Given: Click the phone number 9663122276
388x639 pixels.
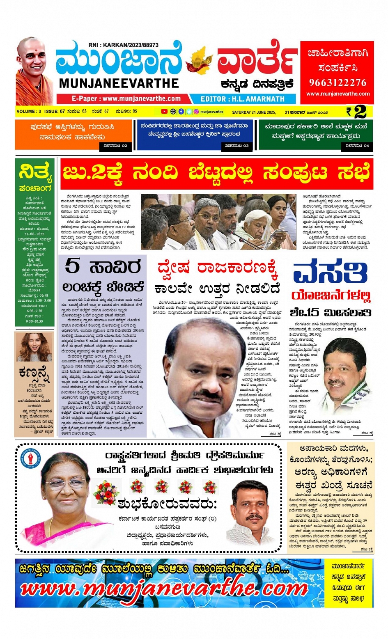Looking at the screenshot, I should coord(337,82).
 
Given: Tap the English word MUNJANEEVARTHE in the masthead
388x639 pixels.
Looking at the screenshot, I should coord(119,83).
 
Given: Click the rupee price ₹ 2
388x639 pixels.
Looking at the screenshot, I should coord(356,112).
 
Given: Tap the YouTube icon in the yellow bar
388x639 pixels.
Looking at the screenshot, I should coord(164,111).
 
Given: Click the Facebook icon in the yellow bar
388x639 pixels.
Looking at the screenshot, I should coord(181,111).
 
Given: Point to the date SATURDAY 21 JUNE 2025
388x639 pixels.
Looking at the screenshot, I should coord(253,112).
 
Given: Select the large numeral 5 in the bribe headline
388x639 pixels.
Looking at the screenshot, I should coord(73,266).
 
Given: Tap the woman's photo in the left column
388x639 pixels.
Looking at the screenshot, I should coord(34,347).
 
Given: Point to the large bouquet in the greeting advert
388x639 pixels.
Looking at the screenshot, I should coord(106,492).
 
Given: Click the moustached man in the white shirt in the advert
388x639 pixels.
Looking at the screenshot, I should coord(252,509).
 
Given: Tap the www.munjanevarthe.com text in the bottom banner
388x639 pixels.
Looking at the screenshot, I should coord(164,589).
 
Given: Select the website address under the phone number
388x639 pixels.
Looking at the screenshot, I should coord(337,94).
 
